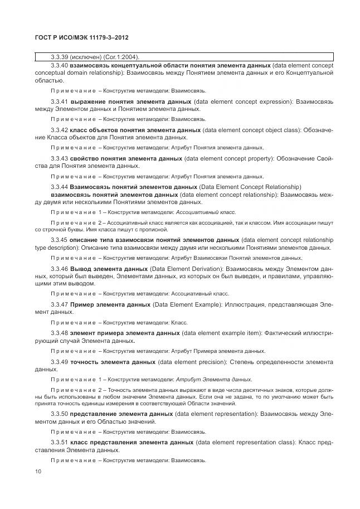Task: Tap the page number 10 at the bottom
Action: tap(38, 471)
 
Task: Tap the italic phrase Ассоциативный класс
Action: tap(205, 212)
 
